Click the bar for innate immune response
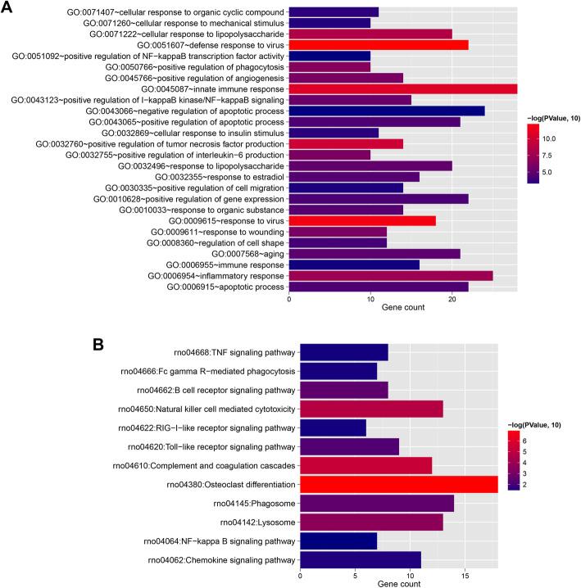[x=402, y=88]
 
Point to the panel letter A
[x=9, y=8]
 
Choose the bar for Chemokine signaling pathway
[x=360, y=559]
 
